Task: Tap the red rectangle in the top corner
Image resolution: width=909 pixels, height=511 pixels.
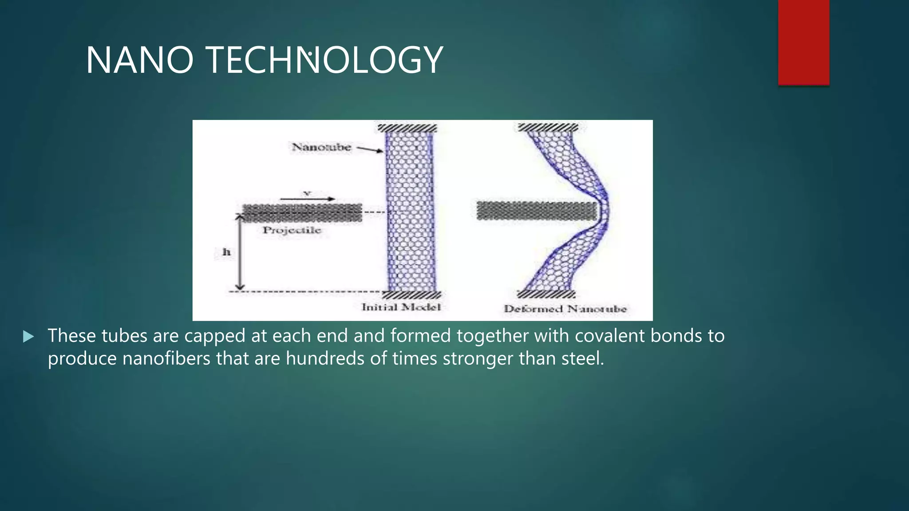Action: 803,42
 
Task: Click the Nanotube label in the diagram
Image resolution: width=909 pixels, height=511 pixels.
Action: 321,147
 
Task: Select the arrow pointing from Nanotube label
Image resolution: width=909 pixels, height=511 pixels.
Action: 370,150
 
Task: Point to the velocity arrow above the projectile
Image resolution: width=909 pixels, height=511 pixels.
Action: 307,199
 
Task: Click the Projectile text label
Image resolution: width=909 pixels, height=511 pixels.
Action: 292,230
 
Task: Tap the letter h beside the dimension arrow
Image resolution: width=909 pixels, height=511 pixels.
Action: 226,252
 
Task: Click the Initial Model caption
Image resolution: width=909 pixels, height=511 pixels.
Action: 401,307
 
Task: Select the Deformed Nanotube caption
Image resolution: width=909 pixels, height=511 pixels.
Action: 565,309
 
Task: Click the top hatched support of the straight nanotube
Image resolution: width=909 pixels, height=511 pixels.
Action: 407,128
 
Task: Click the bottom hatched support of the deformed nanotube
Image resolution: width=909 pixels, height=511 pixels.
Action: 546,294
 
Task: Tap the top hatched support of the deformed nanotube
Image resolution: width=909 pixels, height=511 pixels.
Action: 548,128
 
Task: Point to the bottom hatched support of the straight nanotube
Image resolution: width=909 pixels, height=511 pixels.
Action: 411,295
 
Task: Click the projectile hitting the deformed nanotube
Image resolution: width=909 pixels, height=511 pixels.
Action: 536,211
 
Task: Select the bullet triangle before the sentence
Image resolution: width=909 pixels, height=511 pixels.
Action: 28,337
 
